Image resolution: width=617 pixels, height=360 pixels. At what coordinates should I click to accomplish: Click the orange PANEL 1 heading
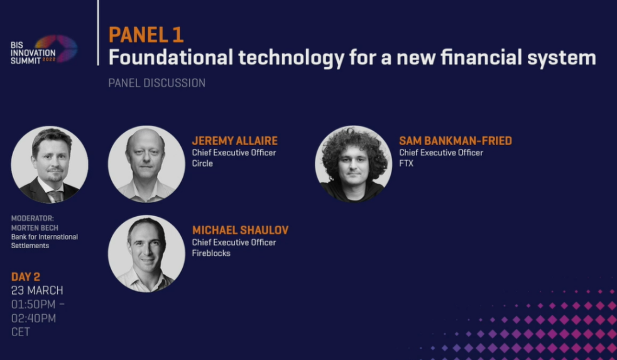point(146,35)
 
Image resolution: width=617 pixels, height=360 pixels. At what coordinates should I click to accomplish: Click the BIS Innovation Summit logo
point(44,50)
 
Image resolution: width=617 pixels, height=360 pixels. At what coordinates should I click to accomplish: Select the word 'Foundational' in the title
point(171,57)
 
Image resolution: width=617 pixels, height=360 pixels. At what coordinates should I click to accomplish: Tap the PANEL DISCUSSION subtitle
point(156,83)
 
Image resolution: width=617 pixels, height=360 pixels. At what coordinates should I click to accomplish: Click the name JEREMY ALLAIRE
point(235,141)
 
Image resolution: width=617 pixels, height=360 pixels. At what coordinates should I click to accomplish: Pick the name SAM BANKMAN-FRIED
point(456,141)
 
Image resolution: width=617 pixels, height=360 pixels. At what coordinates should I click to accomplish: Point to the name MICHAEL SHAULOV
point(241,230)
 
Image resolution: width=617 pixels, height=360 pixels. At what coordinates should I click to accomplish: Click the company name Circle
point(202,163)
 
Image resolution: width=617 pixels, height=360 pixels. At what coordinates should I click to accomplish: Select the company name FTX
point(407,163)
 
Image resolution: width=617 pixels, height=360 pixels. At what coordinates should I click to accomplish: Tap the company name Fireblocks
point(211,253)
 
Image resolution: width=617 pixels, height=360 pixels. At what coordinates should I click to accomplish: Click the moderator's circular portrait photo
point(50,165)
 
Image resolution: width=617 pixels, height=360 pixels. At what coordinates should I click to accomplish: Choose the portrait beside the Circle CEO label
point(146,164)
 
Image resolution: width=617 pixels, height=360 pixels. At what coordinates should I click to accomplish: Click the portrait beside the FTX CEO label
point(353,164)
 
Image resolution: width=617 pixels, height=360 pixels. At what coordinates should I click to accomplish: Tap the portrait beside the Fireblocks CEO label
point(146,253)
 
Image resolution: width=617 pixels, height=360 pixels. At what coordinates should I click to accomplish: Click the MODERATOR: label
point(32,219)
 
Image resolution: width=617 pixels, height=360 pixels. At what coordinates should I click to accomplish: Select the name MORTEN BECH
point(35,228)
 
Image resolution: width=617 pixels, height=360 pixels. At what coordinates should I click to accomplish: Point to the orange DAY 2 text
point(26,276)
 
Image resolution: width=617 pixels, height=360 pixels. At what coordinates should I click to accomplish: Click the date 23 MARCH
point(37,290)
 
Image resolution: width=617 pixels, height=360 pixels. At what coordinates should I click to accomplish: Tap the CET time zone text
point(21,332)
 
